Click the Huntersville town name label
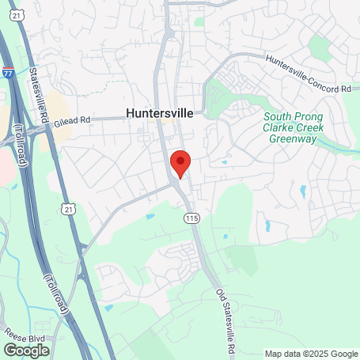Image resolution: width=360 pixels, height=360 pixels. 159,112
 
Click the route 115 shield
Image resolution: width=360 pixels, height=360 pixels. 190,218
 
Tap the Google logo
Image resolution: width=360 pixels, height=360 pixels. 26,350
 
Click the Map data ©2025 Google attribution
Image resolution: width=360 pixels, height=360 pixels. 311,354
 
